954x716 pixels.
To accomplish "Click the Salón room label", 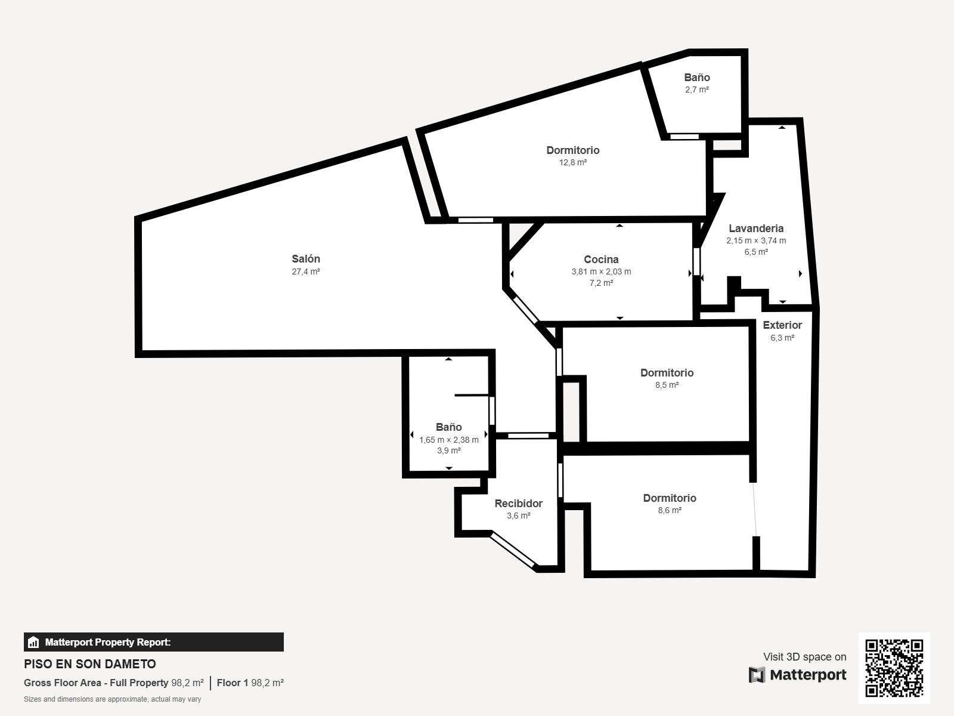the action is pyautogui.click(x=305, y=259).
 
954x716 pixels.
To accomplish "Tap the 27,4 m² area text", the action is pyautogui.click(x=305, y=271).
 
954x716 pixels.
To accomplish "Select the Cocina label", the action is pyautogui.click(x=601, y=260).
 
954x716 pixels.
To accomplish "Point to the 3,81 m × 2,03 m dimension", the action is pyautogui.click(x=601, y=271).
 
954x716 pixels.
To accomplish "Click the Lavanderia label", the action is pyautogui.click(x=756, y=229).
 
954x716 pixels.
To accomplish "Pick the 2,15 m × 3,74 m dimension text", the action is pyautogui.click(x=756, y=240).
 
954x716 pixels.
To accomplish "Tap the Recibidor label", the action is pyautogui.click(x=519, y=504).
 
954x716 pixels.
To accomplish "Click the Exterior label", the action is pyautogui.click(x=782, y=325).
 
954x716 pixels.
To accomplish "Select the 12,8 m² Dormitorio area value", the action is pyautogui.click(x=573, y=162).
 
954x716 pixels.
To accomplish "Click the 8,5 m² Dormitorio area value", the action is pyautogui.click(x=667, y=385).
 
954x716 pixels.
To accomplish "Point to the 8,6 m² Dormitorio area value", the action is pyautogui.click(x=670, y=510).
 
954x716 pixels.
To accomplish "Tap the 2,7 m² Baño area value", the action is pyautogui.click(x=696, y=89).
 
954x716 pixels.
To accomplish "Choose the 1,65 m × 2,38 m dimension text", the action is pyautogui.click(x=448, y=440).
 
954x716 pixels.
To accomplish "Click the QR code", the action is pyautogui.click(x=894, y=668).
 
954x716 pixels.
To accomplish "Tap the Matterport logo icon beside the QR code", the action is pyautogui.click(x=757, y=675).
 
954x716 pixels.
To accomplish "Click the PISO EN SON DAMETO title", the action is pyautogui.click(x=90, y=664).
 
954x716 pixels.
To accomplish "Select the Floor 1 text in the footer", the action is pyautogui.click(x=233, y=683).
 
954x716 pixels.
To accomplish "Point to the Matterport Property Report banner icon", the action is pyautogui.click(x=33, y=642).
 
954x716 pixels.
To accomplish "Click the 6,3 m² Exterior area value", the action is pyautogui.click(x=782, y=338).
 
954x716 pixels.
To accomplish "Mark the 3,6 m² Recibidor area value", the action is pyautogui.click(x=519, y=516).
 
